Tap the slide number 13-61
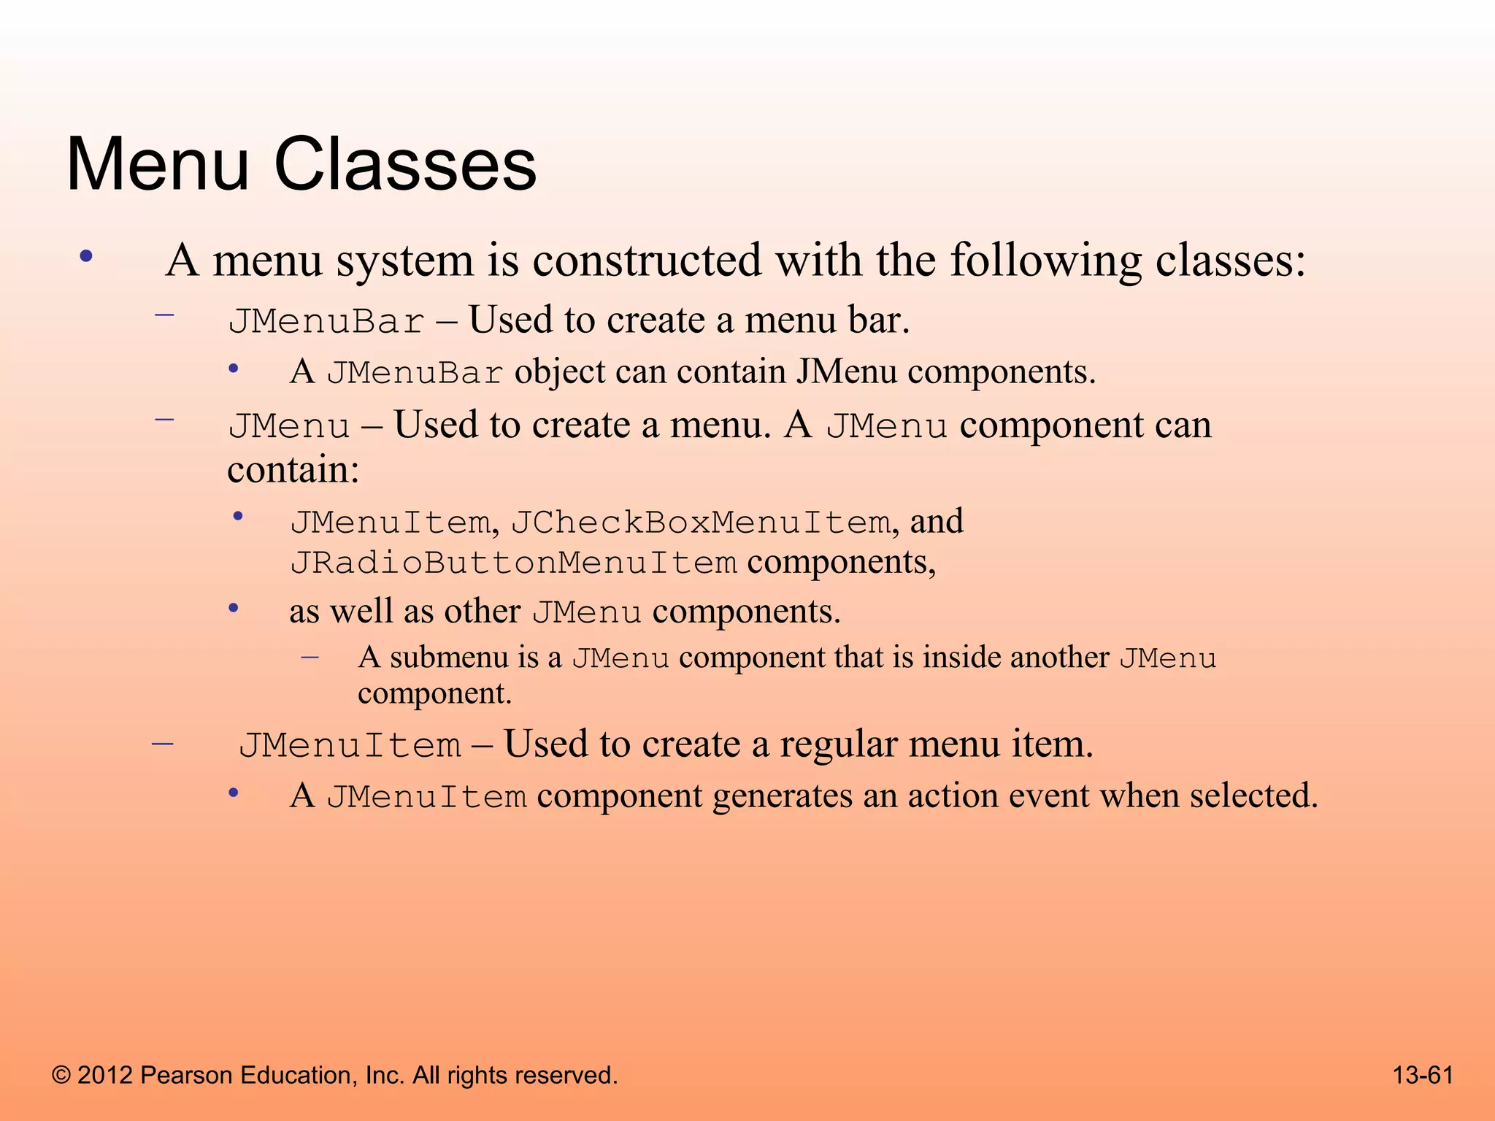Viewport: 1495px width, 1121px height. click(x=1423, y=1075)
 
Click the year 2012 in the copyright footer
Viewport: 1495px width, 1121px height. click(x=105, y=1075)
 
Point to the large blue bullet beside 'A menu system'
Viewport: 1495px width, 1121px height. click(x=87, y=256)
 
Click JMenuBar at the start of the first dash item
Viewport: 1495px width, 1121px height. click(x=326, y=322)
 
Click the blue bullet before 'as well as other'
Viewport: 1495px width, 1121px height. click(x=234, y=608)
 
